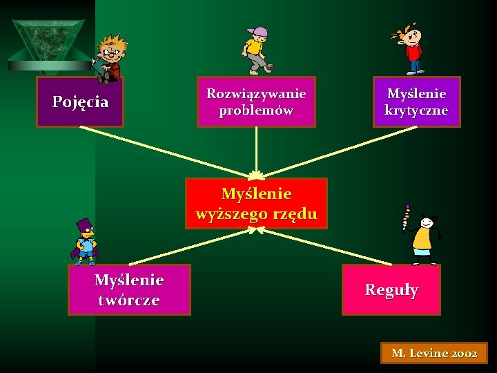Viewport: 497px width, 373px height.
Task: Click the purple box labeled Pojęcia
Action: tap(80, 102)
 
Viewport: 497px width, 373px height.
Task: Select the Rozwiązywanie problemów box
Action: tap(256, 102)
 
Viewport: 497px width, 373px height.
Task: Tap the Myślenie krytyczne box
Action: tap(416, 102)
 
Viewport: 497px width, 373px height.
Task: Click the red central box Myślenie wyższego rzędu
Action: tap(256, 204)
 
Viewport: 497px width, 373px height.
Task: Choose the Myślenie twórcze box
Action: tap(128, 289)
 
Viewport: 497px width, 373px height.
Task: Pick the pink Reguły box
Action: tap(391, 289)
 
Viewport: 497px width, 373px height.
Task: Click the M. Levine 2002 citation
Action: tap(434, 353)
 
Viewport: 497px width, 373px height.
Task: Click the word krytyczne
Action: tap(416, 110)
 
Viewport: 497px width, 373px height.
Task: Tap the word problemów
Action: tap(256, 110)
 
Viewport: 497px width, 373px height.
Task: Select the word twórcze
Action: tap(128, 300)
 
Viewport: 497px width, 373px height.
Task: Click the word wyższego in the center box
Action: tap(233, 213)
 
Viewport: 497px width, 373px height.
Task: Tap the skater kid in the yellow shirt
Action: tap(255, 50)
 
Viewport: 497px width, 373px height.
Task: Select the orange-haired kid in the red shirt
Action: tap(412, 47)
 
